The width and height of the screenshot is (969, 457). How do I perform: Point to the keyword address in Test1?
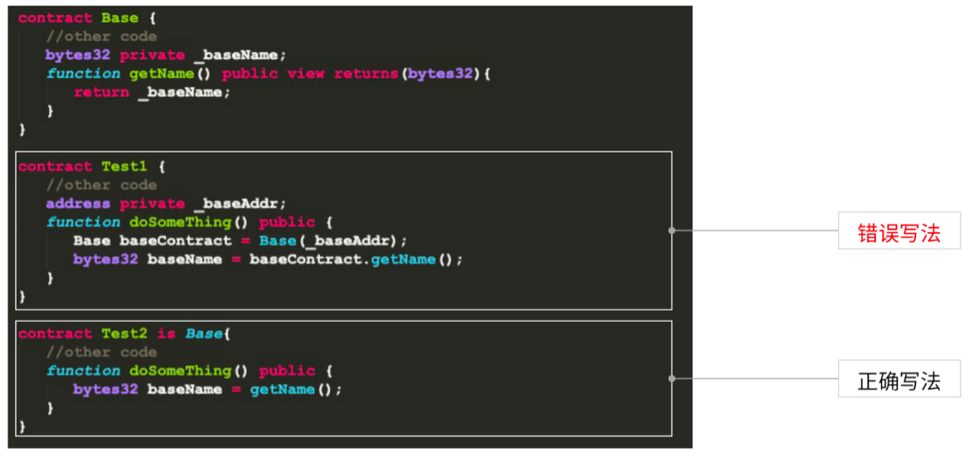pyautogui.click(x=77, y=203)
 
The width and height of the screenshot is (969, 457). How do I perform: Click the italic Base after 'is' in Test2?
pyautogui.click(x=203, y=333)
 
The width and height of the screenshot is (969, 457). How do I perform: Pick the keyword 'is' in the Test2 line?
pyautogui.click(x=166, y=333)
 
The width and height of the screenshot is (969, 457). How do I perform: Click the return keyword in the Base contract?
pyautogui.click(x=100, y=92)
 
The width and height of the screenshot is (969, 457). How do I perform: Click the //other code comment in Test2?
pyautogui.click(x=101, y=352)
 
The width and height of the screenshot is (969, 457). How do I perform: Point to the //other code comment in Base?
pyautogui.click(x=101, y=37)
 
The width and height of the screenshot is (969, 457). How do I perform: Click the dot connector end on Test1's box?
pyautogui.click(x=672, y=229)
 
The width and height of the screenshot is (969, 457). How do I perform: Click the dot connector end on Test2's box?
pyautogui.click(x=672, y=377)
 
